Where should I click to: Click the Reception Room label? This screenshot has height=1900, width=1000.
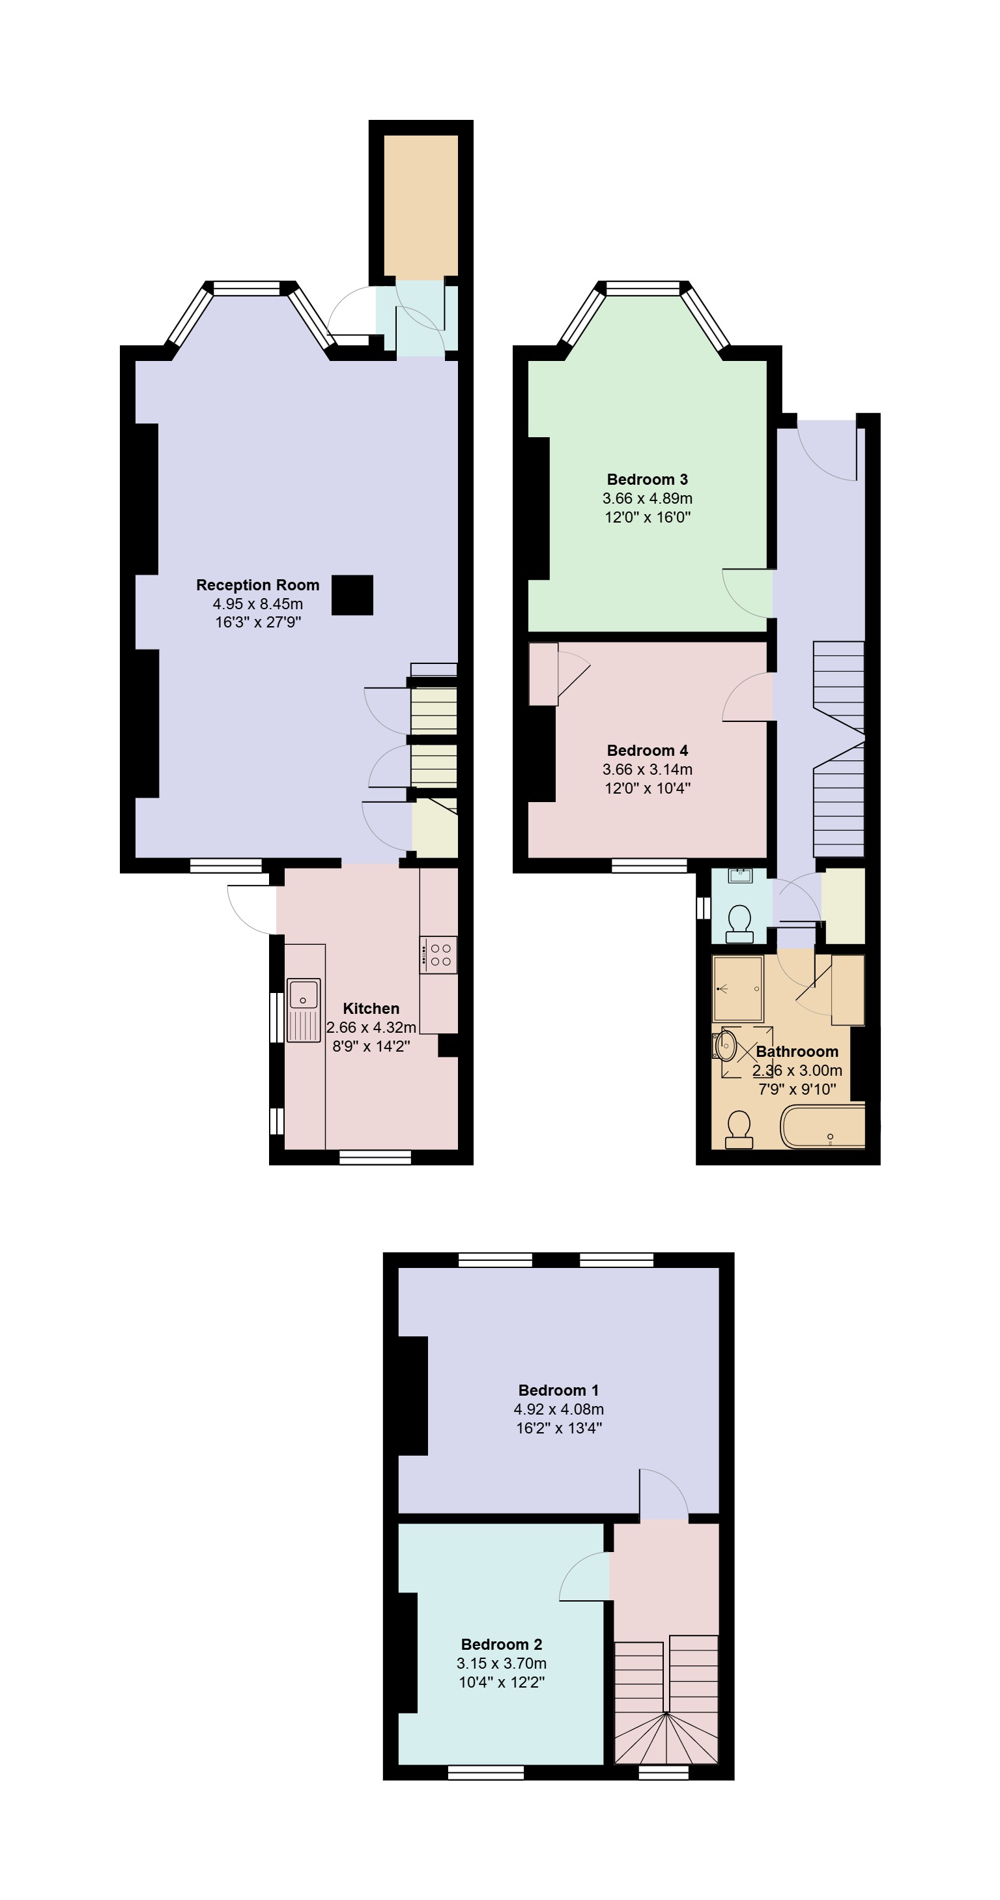click(x=257, y=585)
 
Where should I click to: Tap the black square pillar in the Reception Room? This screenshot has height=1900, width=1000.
click(x=352, y=594)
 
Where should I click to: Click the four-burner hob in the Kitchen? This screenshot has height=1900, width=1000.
click(x=438, y=955)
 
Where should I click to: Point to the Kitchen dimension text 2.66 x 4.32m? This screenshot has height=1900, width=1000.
click(x=371, y=1027)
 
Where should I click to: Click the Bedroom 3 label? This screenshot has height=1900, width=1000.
click(x=648, y=480)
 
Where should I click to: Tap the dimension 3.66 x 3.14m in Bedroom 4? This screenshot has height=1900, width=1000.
click(x=648, y=770)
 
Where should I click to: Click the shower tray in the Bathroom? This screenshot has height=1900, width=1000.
click(x=737, y=988)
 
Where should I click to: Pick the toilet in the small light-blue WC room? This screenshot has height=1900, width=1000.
click(x=739, y=924)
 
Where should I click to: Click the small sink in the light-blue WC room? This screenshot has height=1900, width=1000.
click(x=739, y=876)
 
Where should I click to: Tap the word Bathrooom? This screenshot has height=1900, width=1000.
click(x=797, y=1052)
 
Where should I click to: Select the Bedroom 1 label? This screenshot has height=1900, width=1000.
click(x=558, y=1390)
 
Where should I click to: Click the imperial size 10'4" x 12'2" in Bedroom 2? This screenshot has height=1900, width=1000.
click(x=502, y=1682)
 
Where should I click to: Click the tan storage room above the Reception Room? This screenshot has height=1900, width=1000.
click(x=421, y=206)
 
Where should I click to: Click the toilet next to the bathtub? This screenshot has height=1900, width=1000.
click(x=739, y=1129)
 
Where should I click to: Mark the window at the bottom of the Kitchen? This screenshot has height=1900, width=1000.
click(x=375, y=1157)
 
